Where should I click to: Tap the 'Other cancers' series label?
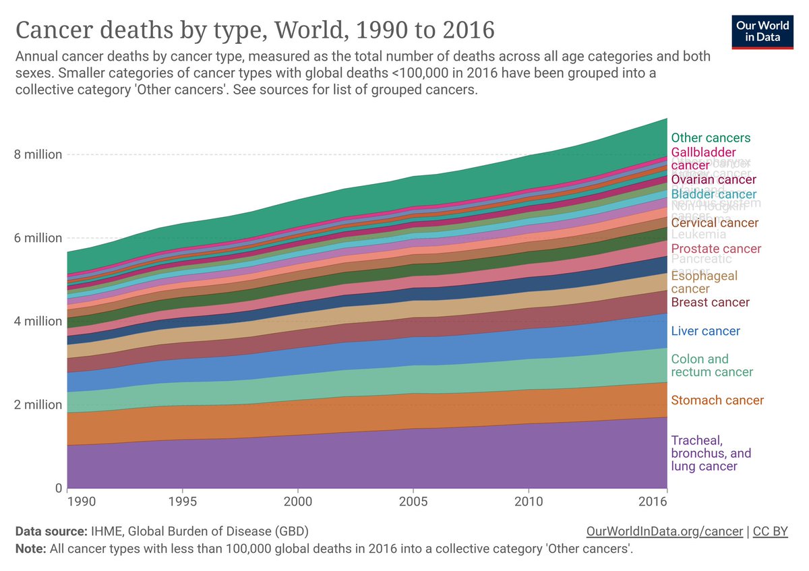coord(711,138)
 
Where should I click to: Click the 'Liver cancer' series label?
coord(705,331)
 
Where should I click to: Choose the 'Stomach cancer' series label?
coord(717,400)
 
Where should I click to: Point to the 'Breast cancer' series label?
coord(710,303)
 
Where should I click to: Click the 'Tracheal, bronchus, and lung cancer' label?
coord(711,453)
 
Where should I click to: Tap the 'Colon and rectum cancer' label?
coord(712,365)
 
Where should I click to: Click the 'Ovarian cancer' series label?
coord(713,180)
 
